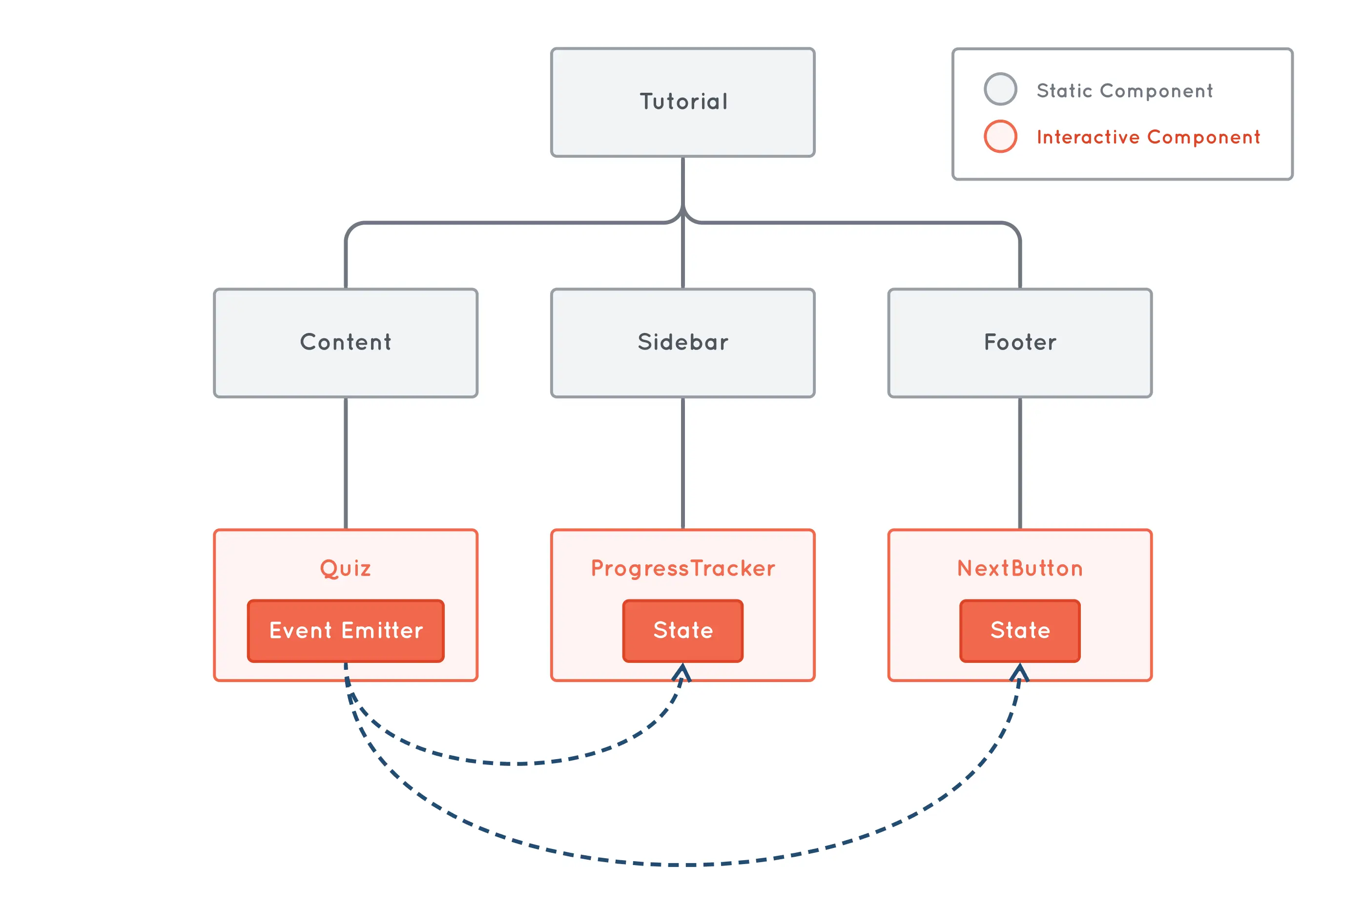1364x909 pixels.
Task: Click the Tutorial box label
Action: click(x=683, y=102)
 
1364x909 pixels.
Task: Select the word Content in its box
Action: click(x=346, y=342)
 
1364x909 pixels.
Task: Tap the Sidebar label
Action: click(x=683, y=342)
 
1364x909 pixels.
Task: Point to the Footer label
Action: click(x=1020, y=342)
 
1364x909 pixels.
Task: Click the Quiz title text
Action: click(x=346, y=568)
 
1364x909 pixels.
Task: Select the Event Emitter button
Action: click(x=346, y=630)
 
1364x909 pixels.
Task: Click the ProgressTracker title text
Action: click(x=683, y=568)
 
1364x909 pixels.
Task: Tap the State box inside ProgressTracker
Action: click(x=683, y=630)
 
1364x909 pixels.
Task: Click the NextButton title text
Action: click(x=1020, y=568)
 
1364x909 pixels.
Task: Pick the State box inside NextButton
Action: click(x=1020, y=630)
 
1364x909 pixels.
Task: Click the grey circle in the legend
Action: click(x=1000, y=89)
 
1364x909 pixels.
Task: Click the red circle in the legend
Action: click(x=1000, y=136)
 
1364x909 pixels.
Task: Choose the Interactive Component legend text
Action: click(x=1148, y=137)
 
